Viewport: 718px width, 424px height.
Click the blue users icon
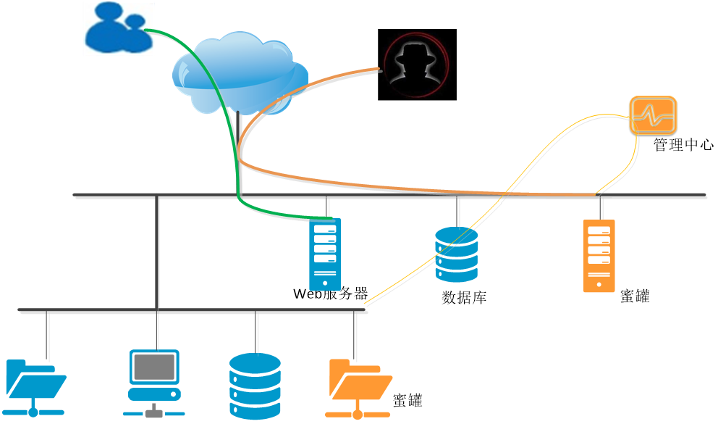coord(118,28)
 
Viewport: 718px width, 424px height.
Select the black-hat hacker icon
coord(415,65)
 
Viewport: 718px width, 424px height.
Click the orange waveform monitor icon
coord(653,115)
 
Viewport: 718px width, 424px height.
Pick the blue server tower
coord(325,254)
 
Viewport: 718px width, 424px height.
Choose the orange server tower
coord(599,256)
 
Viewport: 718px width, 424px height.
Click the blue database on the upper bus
coord(457,254)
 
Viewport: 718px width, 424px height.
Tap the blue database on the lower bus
coord(254,386)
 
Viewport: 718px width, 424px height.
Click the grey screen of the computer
coord(154,367)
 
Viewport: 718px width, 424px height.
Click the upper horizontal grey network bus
coord(651,196)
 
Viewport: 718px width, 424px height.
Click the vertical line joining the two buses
coord(157,254)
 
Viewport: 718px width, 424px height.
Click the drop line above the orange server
coord(601,208)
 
